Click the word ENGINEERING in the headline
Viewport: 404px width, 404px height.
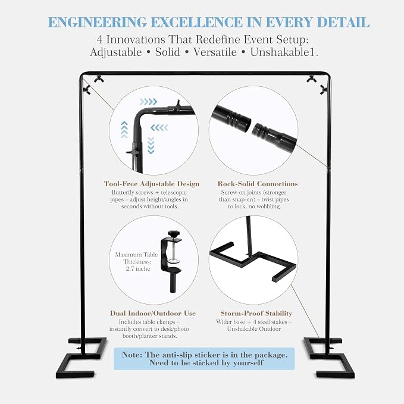[98, 22]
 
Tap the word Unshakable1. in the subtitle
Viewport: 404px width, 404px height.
[284, 52]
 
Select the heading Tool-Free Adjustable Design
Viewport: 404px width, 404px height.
[152, 184]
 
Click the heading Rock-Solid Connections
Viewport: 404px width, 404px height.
[258, 184]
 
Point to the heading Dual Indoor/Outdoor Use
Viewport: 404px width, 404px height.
[153, 314]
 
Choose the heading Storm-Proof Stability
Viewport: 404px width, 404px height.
[256, 314]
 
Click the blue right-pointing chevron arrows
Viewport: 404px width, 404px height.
[148, 102]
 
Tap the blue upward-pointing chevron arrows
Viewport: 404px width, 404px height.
[124, 129]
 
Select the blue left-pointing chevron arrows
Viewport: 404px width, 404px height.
[159, 127]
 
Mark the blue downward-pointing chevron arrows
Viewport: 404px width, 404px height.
[151, 146]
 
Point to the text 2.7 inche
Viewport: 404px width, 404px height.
[138, 269]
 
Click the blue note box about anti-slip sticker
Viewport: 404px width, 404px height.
[204, 359]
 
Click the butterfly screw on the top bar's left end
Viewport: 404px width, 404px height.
[99, 80]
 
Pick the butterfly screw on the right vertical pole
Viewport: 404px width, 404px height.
[323, 90]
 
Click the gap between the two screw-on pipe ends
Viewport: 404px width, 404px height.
[252, 126]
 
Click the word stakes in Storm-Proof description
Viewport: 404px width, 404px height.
[280, 322]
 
